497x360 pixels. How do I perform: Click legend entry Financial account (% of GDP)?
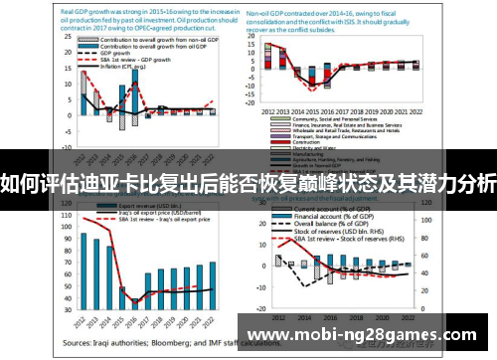pyautogui.click(x=343, y=213)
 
